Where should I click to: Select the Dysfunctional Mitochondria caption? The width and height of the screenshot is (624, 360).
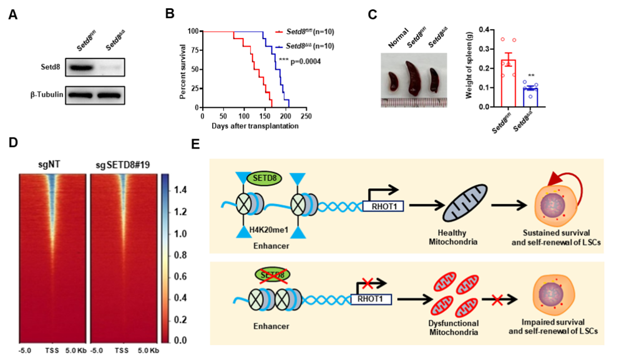click(454, 328)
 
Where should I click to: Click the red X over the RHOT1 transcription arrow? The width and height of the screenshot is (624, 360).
click(367, 284)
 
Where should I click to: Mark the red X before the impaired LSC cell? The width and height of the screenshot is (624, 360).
click(497, 300)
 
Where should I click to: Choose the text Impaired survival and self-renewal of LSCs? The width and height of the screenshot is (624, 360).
click(553, 326)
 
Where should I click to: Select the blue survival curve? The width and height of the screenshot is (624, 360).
click(278, 69)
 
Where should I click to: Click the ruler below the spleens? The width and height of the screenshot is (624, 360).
click(414, 103)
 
